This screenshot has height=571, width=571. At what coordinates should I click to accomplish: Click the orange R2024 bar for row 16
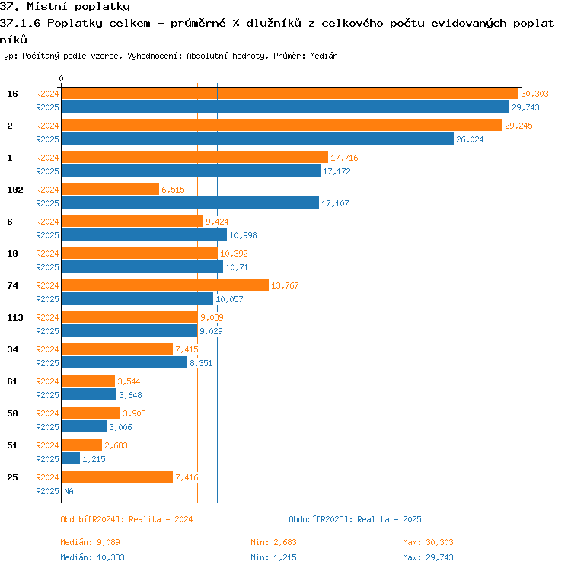click(x=290, y=93)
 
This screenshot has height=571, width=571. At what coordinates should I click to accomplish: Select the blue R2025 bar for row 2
click(x=258, y=139)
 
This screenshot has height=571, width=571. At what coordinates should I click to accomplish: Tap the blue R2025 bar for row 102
click(x=190, y=203)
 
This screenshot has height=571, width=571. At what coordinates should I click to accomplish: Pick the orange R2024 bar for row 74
click(x=165, y=285)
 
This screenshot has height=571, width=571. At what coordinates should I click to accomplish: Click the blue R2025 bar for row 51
click(x=71, y=458)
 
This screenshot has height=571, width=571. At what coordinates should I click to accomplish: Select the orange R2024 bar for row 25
click(x=117, y=477)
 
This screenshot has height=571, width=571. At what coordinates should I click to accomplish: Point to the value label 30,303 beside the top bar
click(x=534, y=94)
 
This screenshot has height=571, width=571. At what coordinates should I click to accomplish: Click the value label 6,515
click(x=173, y=190)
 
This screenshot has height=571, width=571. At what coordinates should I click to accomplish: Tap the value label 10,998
click(x=243, y=235)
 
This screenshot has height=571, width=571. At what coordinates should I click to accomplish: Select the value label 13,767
click(x=285, y=285)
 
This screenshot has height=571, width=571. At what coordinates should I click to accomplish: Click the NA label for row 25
click(x=69, y=491)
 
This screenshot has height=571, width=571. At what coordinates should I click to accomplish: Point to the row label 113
click(x=15, y=317)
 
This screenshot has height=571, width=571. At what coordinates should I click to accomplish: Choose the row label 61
click(x=12, y=381)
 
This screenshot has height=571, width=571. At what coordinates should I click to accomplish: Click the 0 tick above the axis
click(x=61, y=78)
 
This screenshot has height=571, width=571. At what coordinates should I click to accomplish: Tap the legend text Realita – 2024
click(x=161, y=519)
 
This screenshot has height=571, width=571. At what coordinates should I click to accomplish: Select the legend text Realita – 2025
click(x=389, y=519)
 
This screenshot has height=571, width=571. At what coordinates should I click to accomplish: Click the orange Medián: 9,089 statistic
click(x=90, y=542)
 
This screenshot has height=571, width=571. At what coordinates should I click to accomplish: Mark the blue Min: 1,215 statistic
click(x=273, y=557)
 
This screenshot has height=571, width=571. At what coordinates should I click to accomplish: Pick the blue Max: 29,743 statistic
click(x=428, y=557)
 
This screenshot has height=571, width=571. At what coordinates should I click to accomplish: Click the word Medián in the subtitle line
click(x=324, y=56)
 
